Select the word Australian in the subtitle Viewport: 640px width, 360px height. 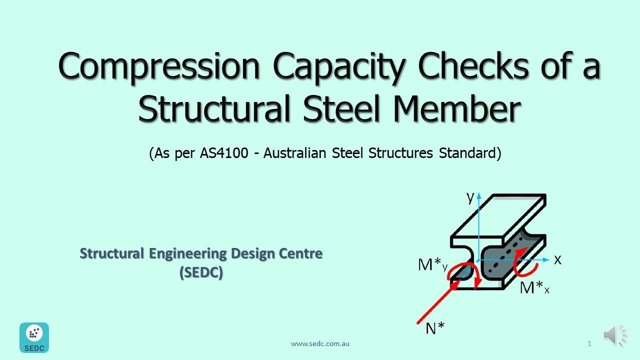(296, 153)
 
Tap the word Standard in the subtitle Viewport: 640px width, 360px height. (469, 153)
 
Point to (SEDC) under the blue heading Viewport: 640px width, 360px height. (201, 273)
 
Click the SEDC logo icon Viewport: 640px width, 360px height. (34, 337)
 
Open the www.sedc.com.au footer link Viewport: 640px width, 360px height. (320, 343)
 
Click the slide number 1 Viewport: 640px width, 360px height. (589, 343)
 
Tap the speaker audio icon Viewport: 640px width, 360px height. (614, 335)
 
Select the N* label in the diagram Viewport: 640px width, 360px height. (434, 327)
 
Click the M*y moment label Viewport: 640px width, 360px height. (432, 265)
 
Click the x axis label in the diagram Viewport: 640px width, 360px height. (557, 259)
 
